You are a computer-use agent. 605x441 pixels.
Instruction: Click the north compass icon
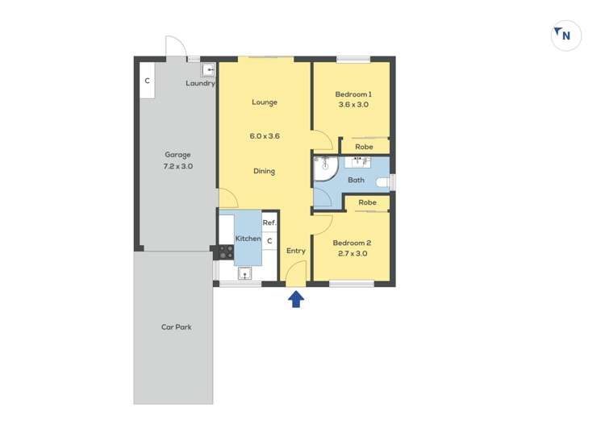[565, 35]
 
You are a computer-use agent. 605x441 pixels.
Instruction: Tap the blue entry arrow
[296, 299]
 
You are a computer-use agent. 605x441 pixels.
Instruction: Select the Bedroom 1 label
[353, 94]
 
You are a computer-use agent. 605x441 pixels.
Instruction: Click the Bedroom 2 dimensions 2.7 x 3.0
[353, 254]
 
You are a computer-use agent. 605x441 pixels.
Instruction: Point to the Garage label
[177, 155]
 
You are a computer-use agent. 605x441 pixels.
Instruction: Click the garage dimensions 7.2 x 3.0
[178, 167]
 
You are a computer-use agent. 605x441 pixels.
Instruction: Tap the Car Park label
[177, 327]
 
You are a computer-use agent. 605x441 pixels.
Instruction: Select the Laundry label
[200, 83]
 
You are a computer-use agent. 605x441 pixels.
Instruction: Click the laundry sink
[208, 71]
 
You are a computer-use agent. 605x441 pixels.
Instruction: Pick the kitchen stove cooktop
[226, 252]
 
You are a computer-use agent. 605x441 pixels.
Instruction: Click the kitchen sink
[244, 273]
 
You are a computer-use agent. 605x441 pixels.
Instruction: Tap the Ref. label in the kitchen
[269, 223]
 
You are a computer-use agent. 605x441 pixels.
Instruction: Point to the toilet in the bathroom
[382, 182]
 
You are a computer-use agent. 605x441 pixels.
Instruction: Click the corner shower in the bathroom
[326, 168]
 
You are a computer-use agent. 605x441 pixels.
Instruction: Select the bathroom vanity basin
[357, 162]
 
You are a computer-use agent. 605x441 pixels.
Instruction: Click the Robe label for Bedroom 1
[364, 147]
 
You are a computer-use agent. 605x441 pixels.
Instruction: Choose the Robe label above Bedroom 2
[367, 202]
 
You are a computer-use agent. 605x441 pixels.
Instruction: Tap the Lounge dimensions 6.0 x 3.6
[265, 136]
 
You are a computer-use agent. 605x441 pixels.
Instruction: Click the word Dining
[265, 171]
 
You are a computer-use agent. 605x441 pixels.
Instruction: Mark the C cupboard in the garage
[147, 81]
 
